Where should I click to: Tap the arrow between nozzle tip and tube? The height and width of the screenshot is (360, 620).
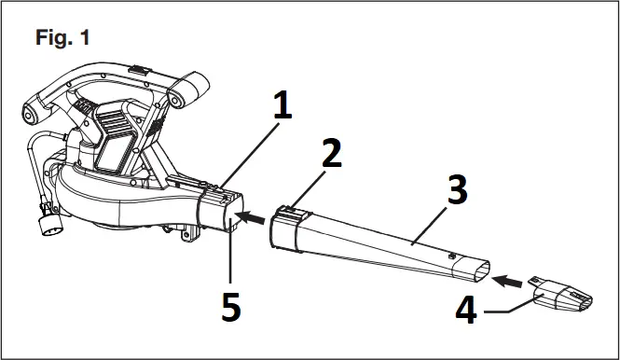pos(509,278)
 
